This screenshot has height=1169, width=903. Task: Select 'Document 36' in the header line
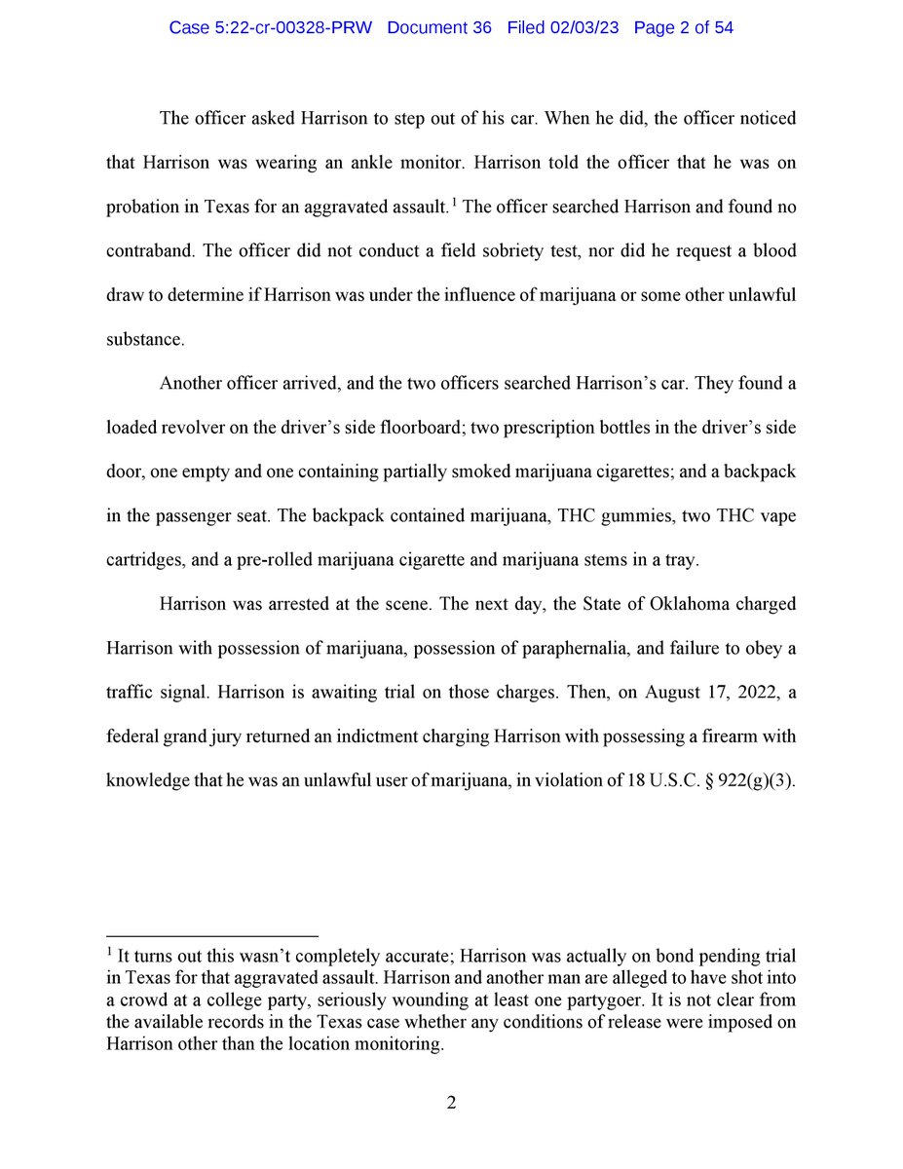[x=441, y=28]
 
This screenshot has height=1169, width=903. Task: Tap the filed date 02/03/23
[x=583, y=28]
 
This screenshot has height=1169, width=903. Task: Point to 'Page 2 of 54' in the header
[x=683, y=28]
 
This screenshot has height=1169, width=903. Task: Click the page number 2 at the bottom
[x=451, y=1103]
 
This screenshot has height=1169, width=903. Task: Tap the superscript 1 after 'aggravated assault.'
[x=454, y=201]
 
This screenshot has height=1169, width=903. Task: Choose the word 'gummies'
[x=626, y=516]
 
